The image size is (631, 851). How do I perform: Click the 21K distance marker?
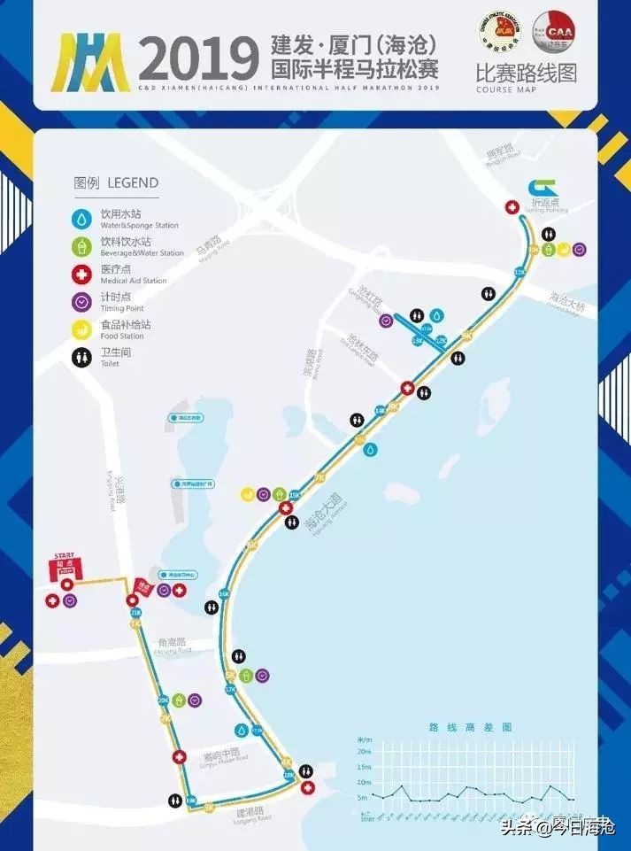pyautogui.click(x=135, y=612)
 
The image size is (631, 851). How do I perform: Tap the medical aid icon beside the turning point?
pyautogui.click(x=512, y=207)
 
